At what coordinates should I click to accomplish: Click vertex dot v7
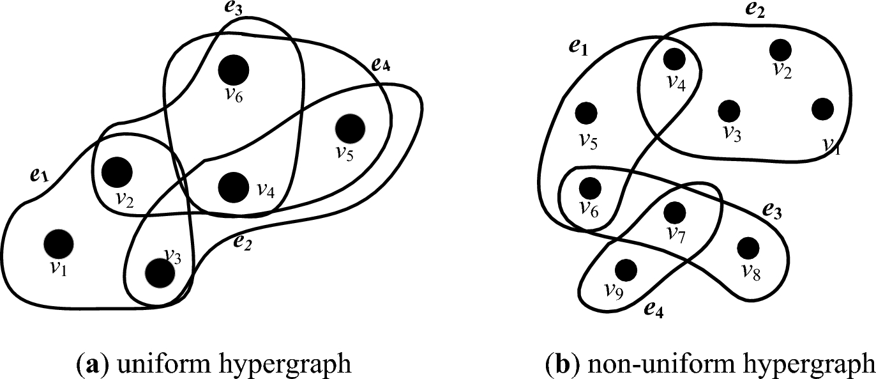tap(674, 212)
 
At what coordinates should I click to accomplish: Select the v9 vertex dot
tap(626, 269)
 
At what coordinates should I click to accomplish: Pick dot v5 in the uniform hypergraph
tap(349, 128)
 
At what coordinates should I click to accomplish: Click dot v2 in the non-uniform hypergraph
tap(780, 49)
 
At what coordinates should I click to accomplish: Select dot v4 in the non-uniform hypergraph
tap(674, 59)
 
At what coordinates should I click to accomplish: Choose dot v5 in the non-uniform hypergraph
tap(585, 113)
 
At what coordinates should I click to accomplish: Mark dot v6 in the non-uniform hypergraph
tap(590, 188)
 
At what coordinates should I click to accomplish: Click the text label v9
tap(614, 292)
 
